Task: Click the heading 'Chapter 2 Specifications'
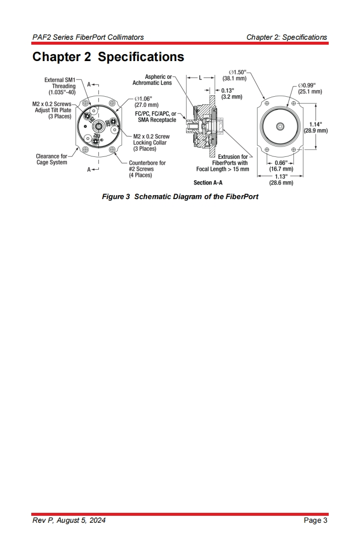click(108, 57)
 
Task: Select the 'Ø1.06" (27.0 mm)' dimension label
click(146, 102)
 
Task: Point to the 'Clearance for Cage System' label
click(51, 159)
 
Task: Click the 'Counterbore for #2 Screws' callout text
click(147, 169)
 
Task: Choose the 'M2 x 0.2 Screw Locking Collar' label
click(151, 142)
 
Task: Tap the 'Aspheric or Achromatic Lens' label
click(152, 80)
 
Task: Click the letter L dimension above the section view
click(200, 78)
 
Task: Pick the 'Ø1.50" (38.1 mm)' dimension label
click(234, 75)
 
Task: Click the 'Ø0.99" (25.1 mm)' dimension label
click(310, 88)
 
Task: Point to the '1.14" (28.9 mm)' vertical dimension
click(315, 128)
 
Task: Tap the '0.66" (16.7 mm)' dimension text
click(281, 166)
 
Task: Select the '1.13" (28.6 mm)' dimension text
click(281, 179)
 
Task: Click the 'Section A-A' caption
click(208, 183)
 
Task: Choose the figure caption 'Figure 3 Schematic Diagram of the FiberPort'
click(180, 197)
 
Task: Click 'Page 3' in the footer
click(315, 520)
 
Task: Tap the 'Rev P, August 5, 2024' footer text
click(69, 520)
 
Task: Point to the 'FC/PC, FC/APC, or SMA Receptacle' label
click(155, 117)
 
